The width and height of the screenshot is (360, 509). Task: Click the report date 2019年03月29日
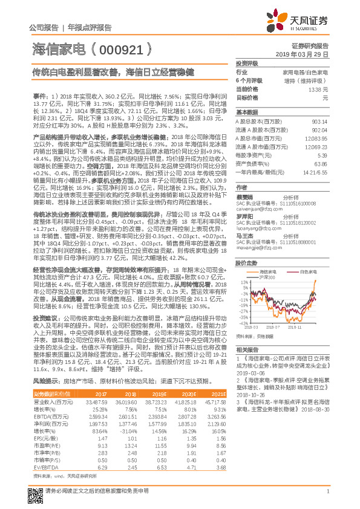pyautogui.click(x=306, y=54)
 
